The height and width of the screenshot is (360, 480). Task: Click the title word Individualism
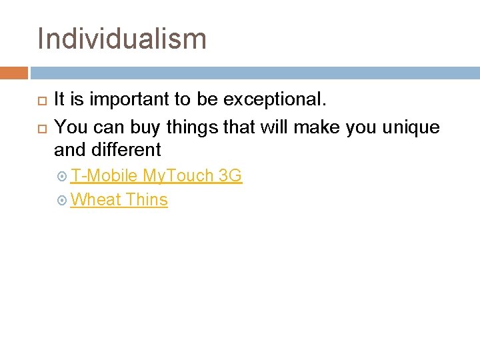[122, 38]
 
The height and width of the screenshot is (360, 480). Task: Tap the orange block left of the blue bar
[13, 73]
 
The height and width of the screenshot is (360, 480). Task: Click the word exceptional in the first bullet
[275, 100]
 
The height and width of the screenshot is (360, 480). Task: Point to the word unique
[411, 126]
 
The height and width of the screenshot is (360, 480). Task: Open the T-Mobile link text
[104, 176]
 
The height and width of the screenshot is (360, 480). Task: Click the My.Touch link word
[178, 176]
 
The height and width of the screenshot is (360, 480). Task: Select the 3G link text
[230, 176]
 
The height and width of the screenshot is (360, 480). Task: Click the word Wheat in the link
[95, 199]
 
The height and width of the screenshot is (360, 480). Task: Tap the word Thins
[147, 199]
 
